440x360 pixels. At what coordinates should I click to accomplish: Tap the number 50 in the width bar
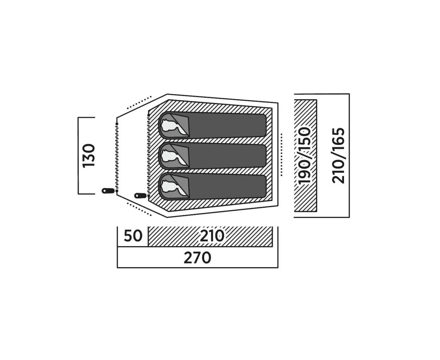pos(133,236)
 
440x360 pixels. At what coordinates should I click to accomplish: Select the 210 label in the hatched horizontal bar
pos(212,236)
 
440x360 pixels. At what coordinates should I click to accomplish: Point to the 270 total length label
pos(198,258)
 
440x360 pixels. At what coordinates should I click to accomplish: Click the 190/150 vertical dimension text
pos(305,156)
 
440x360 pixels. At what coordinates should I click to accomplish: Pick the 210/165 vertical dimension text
pos(338,156)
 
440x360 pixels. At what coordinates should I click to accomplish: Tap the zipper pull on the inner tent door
pos(141,195)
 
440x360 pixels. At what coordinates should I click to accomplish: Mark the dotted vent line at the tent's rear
pos(282,155)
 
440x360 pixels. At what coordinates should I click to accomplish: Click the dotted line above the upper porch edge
pos(139,102)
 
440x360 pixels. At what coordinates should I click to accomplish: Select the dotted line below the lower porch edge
pos(139,209)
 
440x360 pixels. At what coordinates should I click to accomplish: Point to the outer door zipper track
pos(117,157)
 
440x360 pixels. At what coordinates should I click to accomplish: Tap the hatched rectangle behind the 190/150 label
pos(305,156)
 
